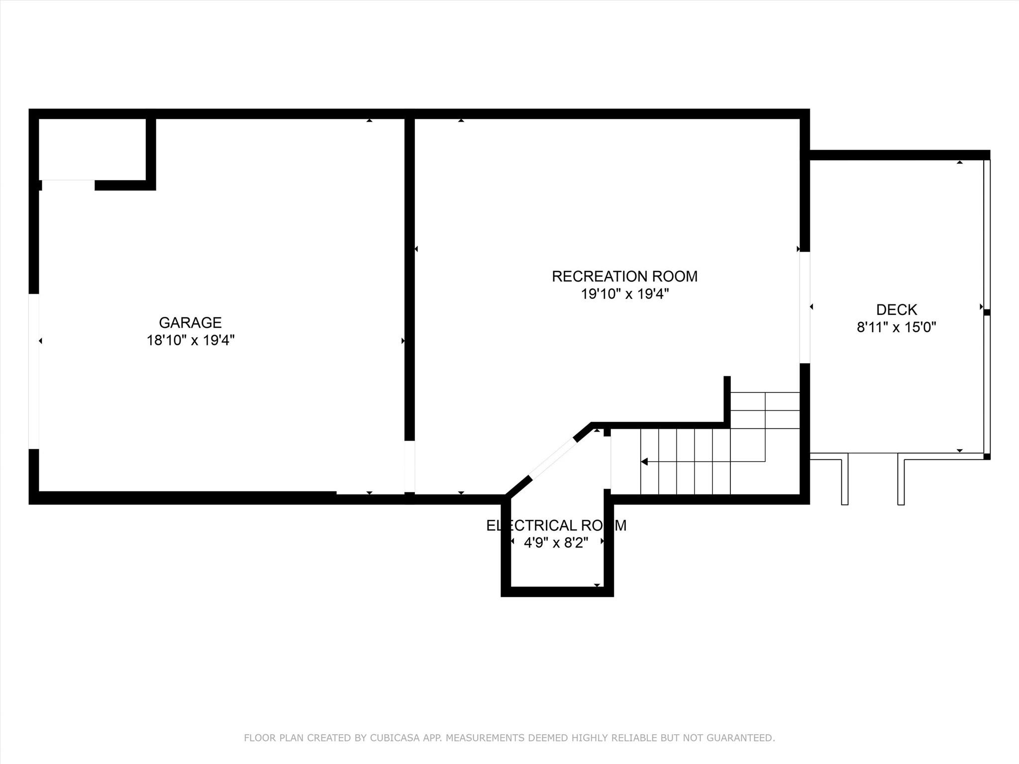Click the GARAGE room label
tap(190, 323)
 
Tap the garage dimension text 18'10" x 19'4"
tap(191, 341)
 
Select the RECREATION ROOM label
tap(624, 277)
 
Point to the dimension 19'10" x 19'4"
tap(624, 294)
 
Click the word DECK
tap(897, 310)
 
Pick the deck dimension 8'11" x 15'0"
tap(897, 327)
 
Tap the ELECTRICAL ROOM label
tap(556, 525)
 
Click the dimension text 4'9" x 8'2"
tap(556, 543)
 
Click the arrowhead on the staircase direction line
tap(644, 462)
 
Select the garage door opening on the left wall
tap(34, 372)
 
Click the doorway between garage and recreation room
tap(409, 467)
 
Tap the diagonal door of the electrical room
tap(553, 458)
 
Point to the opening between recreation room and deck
tap(805, 307)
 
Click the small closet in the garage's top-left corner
tap(93, 149)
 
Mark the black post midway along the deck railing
tap(987, 312)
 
